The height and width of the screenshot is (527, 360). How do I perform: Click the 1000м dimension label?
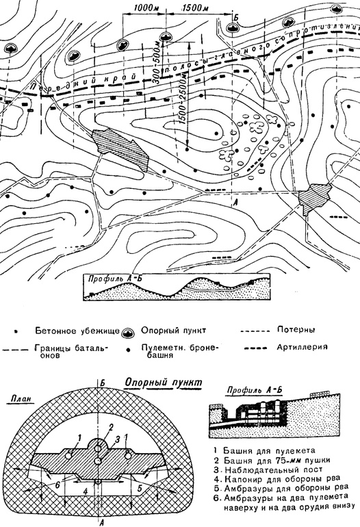coord(144,8)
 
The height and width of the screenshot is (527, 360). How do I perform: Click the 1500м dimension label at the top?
coord(195,8)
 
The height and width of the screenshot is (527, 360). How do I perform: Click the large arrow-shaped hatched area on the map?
coord(120,149)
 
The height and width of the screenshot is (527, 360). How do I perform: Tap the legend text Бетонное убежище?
coord(77,331)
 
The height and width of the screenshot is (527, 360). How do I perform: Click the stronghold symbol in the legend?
coord(129,333)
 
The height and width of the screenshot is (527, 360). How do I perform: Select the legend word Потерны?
coord(296,329)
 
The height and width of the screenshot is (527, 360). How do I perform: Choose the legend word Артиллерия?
coord(302,347)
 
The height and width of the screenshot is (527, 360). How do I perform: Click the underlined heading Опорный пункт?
coord(164,383)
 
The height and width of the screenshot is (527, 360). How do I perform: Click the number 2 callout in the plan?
coord(111,427)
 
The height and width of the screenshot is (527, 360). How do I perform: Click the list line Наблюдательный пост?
coord(268,470)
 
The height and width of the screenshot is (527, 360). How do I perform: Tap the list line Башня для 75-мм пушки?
coord(272,460)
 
